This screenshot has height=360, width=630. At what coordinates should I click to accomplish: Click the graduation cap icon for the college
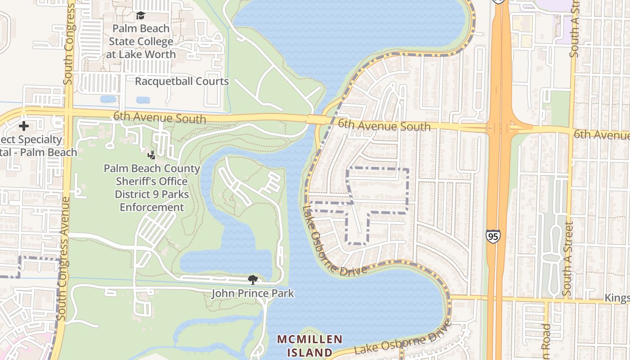141,16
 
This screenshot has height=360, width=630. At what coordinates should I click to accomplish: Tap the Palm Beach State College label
141,41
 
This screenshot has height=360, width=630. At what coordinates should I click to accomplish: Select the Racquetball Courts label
182,81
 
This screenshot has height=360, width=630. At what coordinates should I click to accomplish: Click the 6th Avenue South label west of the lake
159,117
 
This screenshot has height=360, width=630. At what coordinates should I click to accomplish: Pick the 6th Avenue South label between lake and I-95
384,125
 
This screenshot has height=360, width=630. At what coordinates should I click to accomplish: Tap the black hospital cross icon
24,126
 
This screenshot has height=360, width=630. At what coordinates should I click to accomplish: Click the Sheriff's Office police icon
152,156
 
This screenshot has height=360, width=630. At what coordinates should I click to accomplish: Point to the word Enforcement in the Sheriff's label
152,207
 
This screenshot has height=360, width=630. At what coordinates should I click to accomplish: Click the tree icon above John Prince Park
253,280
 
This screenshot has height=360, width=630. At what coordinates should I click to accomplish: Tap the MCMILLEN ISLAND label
310,346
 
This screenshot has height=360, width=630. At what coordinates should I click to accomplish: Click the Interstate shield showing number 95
493,236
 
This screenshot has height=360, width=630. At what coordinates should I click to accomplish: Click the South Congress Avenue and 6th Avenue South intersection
67,112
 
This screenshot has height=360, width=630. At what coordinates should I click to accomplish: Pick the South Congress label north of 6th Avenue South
69,45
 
